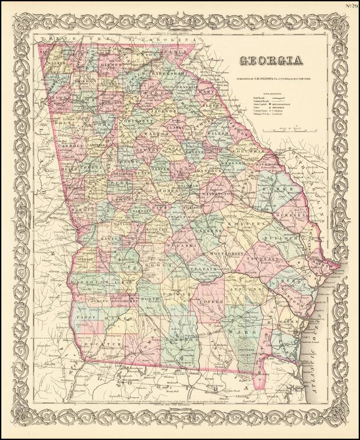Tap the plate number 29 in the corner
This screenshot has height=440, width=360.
click(x=350, y=6)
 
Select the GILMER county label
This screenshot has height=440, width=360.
click(x=112, y=66)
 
